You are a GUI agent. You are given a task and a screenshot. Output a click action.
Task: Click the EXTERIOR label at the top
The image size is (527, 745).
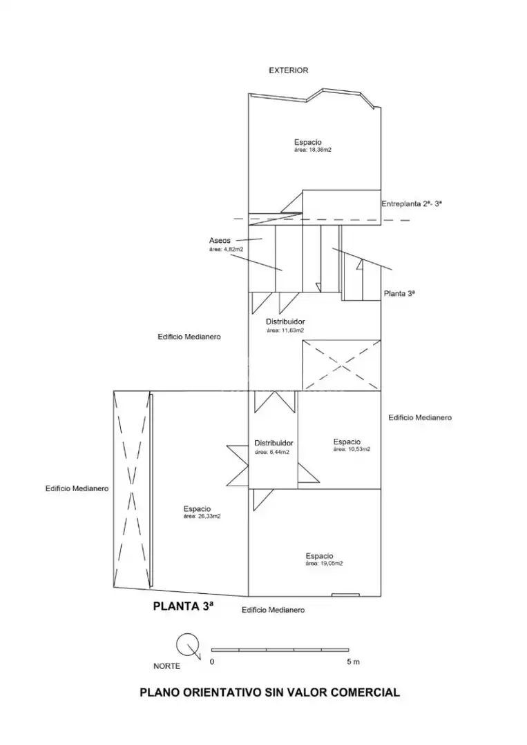(288, 70)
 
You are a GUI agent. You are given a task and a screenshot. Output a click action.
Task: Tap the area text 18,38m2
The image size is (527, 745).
(312, 150)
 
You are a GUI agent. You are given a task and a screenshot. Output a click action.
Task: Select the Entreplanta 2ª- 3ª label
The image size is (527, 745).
(412, 203)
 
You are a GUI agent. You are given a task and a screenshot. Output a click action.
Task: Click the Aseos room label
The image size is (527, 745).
(220, 241)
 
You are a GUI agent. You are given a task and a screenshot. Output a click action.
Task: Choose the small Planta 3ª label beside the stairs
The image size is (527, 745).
(399, 294)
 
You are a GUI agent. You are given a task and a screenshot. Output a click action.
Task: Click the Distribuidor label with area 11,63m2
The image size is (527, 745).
(285, 321)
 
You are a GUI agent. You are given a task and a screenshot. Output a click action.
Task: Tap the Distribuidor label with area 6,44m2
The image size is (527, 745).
(274, 443)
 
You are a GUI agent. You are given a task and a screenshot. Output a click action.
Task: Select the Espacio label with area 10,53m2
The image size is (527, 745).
(347, 442)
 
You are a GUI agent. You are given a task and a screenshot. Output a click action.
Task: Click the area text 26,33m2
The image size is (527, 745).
(202, 517)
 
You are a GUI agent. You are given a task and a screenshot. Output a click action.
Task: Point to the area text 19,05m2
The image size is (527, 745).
(325, 564)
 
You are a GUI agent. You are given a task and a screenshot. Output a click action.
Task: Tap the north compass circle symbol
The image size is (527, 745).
(186, 644)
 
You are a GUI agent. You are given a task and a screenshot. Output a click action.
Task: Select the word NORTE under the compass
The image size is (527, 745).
(167, 666)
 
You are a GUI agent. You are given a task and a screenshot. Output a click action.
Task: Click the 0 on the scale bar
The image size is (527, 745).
(212, 662)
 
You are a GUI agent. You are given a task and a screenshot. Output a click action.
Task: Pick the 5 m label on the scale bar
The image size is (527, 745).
(353, 662)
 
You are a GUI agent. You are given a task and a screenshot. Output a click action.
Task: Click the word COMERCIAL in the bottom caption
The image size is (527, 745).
(365, 693)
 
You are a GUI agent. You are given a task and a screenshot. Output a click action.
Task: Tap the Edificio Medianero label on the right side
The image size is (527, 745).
(420, 417)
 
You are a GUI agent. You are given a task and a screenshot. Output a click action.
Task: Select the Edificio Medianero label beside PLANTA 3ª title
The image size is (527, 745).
(273, 610)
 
